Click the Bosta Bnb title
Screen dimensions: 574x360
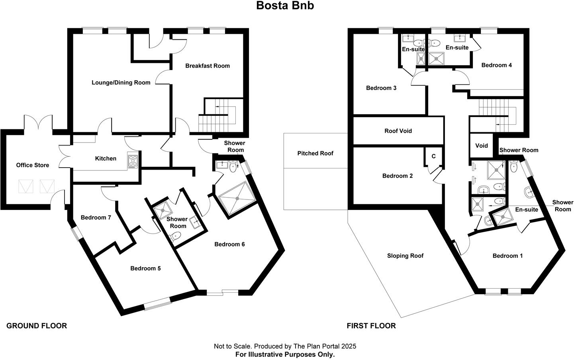[x=285, y=6]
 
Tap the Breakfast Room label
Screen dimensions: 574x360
[x=208, y=66]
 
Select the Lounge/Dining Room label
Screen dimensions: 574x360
[x=121, y=82]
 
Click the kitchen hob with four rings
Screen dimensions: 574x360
[x=133, y=162]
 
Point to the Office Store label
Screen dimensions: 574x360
[x=33, y=165]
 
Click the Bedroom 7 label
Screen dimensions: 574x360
[x=96, y=217]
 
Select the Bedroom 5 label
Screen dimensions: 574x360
[x=145, y=268]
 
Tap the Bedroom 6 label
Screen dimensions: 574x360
[x=229, y=244]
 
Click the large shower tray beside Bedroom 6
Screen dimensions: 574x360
[x=237, y=198]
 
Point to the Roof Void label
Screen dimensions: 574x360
[x=398, y=131]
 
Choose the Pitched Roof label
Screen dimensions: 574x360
[x=315, y=153]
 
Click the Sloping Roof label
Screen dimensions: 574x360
[x=405, y=255]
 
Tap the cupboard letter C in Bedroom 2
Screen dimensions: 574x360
[x=433, y=156]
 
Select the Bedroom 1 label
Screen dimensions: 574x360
[x=507, y=256]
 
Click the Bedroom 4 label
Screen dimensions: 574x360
[x=497, y=65]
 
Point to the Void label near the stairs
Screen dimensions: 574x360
[x=482, y=145]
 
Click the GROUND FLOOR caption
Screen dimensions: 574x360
[x=37, y=326]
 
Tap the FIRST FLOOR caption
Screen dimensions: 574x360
[x=371, y=326]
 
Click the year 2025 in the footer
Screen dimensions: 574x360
[x=349, y=346]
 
